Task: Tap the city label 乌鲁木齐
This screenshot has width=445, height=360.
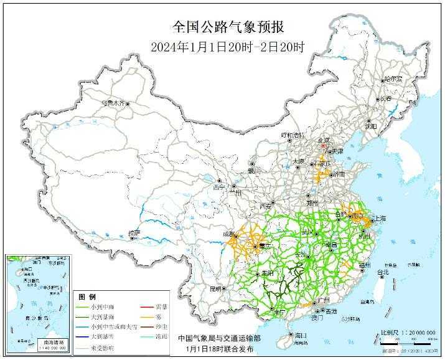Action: (113, 102)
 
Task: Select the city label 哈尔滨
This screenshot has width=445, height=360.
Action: (393, 80)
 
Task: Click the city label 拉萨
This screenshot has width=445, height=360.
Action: (134, 232)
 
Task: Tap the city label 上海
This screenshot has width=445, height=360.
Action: (378, 219)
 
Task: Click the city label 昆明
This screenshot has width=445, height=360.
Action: (215, 288)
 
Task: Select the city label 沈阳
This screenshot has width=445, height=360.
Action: (371, 125)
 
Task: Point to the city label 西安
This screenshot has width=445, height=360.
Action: (265, 206)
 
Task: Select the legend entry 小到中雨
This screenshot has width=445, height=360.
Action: (102, 306)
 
